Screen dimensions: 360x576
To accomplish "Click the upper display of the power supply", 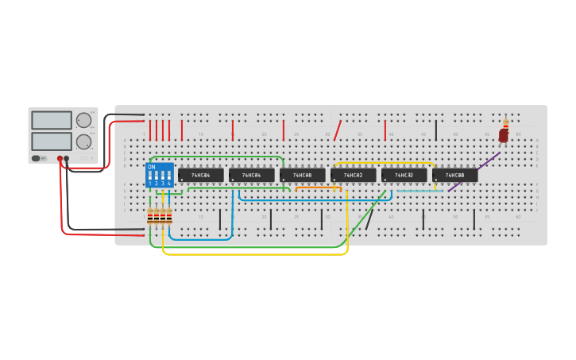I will coord(52,120).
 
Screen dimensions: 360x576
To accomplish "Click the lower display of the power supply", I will coord(52,141).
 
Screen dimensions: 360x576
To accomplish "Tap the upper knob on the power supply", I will coord(83,120).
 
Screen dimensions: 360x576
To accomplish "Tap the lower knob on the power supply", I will coord(83,141).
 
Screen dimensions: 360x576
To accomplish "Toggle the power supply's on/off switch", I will coord(37,158).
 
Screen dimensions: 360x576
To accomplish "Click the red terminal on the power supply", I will coord(60,159).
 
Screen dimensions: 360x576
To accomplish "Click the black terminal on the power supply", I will coord(67,159).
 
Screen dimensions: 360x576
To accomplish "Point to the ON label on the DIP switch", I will coord(152,167).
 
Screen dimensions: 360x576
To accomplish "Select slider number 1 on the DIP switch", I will coord(150,176).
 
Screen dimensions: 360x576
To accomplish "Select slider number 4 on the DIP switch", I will coord(168,176).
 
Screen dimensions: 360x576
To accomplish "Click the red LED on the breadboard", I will coord(503,136).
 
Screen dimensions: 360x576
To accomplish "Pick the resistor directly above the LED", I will coord(505,123).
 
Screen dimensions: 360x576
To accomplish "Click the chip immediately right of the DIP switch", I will coord(201,175).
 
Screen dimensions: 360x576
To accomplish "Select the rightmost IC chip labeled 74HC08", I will coord(454,175).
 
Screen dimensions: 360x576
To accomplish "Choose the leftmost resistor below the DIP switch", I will coord(149,215).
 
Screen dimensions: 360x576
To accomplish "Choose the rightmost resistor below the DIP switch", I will coord(168,215).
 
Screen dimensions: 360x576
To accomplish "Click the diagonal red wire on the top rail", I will coord(338,130).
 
